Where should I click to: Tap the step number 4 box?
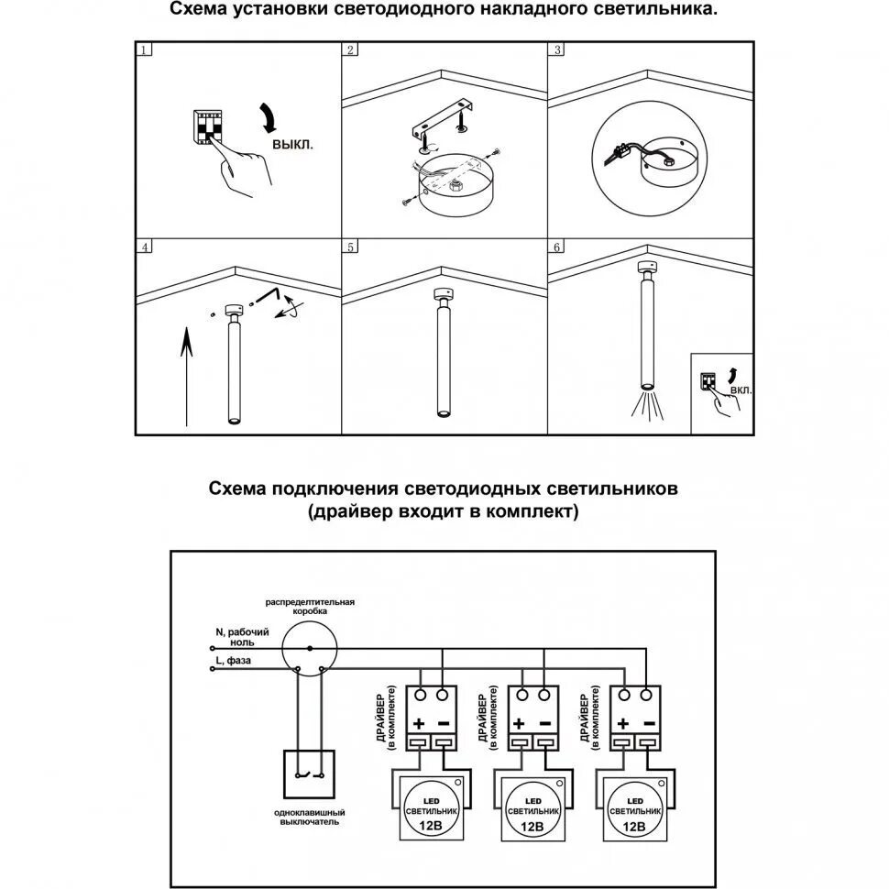pos(144,247)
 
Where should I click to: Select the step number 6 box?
pos(556,247)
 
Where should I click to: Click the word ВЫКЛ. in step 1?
pos(292,145)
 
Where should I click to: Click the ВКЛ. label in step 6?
pos(741,390)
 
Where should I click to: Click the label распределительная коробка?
pos(310,606)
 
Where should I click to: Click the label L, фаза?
pos(234,660)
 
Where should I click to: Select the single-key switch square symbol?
pos(310,774)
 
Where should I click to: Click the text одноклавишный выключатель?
pos(310,818)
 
